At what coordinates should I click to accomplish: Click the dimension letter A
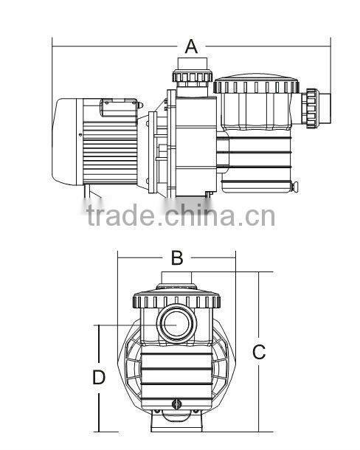click(x=191, y=46)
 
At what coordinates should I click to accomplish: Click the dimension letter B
click(x=176, y=257)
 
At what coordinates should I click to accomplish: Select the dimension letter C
click(x=259, y=352)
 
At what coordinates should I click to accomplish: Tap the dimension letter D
click(x=99, y=378)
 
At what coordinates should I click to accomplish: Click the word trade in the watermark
click(x=119, y=216)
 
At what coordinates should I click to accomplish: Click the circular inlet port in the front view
click(x=176, y=323)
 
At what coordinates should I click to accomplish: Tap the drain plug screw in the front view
click(x=176, y=404)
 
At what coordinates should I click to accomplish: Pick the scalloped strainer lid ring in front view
click(x=176, y=300)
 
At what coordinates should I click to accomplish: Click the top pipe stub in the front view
click(x=176, y=280)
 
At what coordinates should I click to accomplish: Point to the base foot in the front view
click(x=176, y=423)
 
